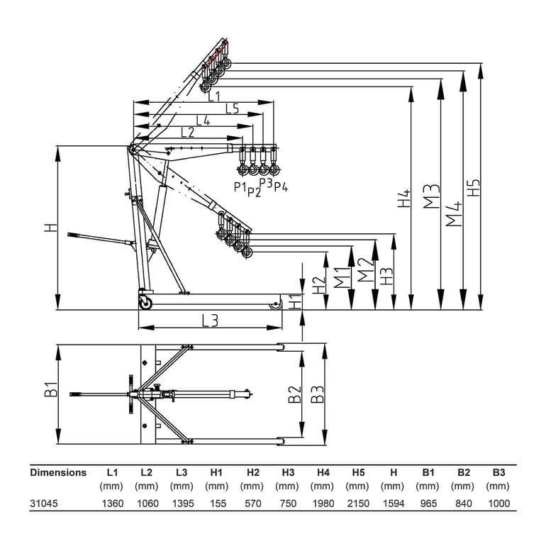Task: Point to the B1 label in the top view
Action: pyautogui.click(x=50, y=389)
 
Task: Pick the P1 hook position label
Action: pyautogui.click(x=240, y=186)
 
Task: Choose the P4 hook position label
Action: pyautogui.click(x=281, y=186)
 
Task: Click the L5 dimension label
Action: pyautogui.click(x=232, y=109)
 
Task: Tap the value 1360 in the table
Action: pyautogui.click(x=112, y=503)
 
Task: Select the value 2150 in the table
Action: pyautogui.click(x=357, y=503)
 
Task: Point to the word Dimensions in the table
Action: pyautogui.click(x=58, y=472)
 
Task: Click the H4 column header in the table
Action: pyautogui.click(x=323, y=472)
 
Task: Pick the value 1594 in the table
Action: pyautogui.click(x=392, y=503)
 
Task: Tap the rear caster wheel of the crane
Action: pyautogui.click(x=145, y=303)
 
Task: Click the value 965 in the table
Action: pyautogui.click(x=428, y=503)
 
